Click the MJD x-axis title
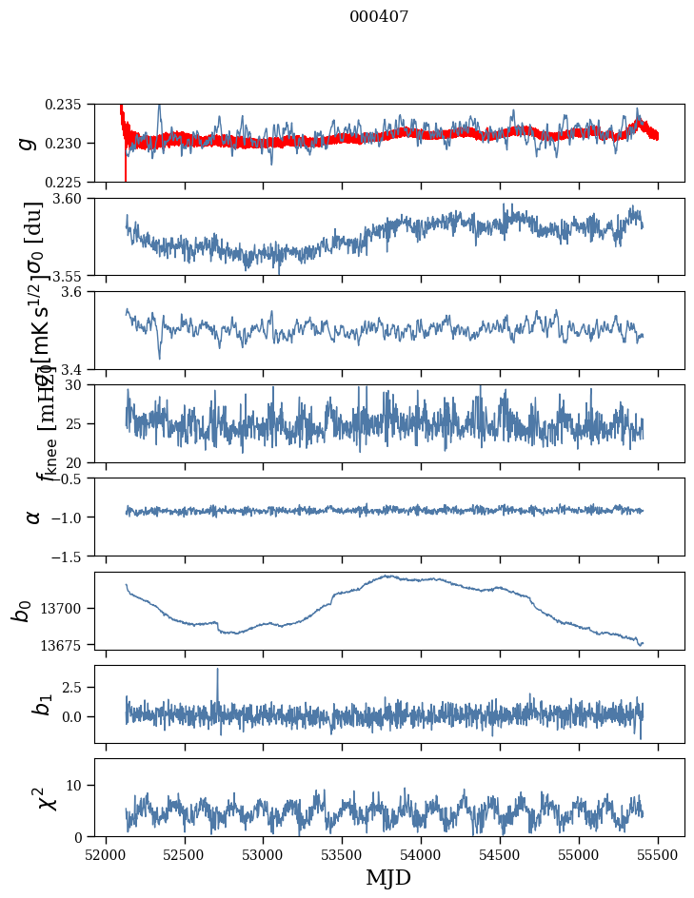pyautogui.click(x=388, y=878)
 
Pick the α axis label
pyautogui.click(x=33, y=517)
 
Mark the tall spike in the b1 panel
pyautogui.click(x=217, y=672)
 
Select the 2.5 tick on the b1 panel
pyautogui.click(x=80, y=687)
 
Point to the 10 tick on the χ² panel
pyautogui.click(x=80, y=785)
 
